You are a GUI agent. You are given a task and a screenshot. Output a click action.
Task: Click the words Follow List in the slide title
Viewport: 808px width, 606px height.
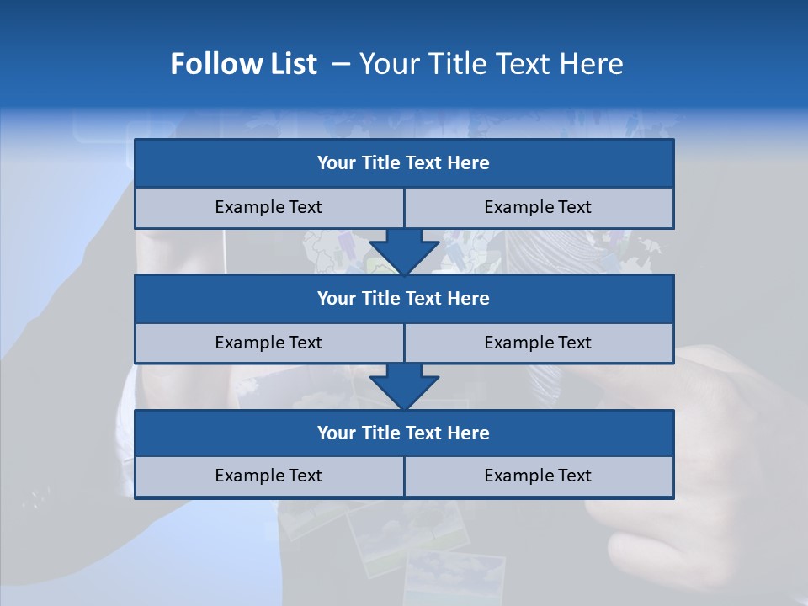pyautogui.click(x=243, y=64)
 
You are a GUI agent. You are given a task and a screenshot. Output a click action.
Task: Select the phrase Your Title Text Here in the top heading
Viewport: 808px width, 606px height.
pyautogui.click(x=491, y=64)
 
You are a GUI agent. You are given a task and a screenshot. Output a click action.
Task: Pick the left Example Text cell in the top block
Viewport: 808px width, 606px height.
pyautogui.click(x=268, y=207)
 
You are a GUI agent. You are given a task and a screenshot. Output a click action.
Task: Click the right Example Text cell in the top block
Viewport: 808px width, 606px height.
pyautogui.click(x=538, y=207)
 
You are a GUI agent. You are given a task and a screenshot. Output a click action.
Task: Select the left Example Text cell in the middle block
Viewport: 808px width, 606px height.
pyautogui.click(x=268, y=343)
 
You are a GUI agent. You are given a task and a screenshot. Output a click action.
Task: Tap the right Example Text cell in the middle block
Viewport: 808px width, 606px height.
pyautogui.click(x=538, y=343)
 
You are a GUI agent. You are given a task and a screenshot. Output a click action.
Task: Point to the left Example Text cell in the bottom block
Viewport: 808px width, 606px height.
pyautogui.click(x=268, y=476)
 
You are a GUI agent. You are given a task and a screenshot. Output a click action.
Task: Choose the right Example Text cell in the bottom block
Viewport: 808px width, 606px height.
pyautogui.click(x=538, y=476)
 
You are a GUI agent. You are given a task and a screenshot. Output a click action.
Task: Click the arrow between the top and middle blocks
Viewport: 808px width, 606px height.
pyautogui.click(x=404, y=252)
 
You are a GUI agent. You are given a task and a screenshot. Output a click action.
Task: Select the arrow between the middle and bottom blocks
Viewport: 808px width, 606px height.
pyautogui.click(x=404, y=386)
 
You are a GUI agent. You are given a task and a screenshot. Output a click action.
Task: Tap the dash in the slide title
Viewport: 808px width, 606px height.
pyautogui.click(x=341, y=64)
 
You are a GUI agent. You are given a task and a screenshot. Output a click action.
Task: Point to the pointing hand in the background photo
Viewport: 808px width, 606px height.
pyautogui.click(x=690, y=454)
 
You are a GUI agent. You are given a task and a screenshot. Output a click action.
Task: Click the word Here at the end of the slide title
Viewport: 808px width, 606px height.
pyautogui.click(x=594, y=64)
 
